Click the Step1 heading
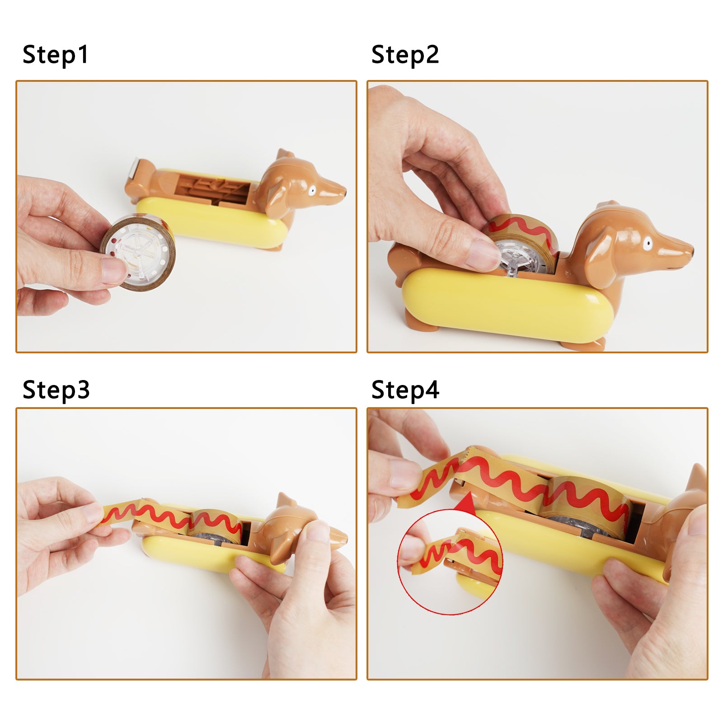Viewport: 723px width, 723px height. tap(56, 55)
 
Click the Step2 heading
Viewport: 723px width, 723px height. tap(405, 55)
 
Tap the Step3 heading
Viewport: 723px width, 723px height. tap(56, 390)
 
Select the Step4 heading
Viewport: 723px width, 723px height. tap(405, 390)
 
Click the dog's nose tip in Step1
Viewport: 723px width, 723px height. tap(344, 193)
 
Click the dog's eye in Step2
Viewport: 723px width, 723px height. tap(648, 244)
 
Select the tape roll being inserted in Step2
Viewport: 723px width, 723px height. tap(524, 244)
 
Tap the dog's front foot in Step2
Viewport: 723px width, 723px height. tap(583, 344)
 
